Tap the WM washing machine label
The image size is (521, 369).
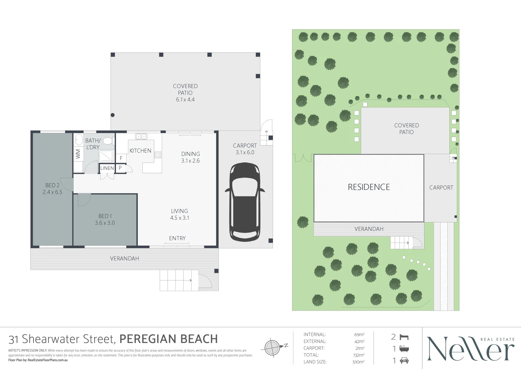point(78,154)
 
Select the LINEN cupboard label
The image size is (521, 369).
point(107,168)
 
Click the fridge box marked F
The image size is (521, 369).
point(121,159)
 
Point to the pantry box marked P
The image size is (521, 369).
point(120,168)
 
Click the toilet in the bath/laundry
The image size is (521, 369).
point(108,141)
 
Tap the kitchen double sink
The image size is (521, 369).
point(141,136)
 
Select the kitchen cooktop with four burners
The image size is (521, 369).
point(158,155)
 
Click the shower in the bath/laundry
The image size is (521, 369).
point(106,156)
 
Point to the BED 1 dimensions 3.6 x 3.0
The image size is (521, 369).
point(105,223)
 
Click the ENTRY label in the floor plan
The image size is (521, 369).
point(177,238)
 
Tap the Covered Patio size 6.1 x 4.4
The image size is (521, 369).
point(185,99)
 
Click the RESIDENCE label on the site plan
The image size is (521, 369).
point(368,187)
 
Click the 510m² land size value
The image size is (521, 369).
point(358,362)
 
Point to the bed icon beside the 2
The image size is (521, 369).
point(404,337)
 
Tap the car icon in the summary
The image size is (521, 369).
point(404,360)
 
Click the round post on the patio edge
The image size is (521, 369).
point(113,115)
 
